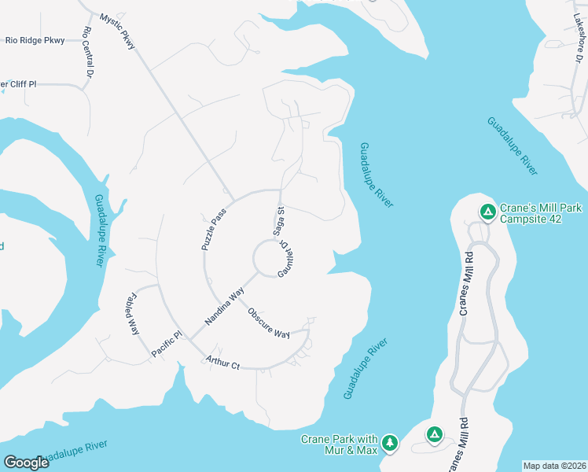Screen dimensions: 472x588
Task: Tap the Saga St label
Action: pyautogui.click(x=278, y=221)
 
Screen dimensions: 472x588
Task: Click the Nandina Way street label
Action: pyautogui.click(x=225, y=307)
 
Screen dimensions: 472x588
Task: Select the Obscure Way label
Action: pyautogui.click(x=269, y=323)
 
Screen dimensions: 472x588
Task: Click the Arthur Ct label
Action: pyautogui.click(x=222, y=363)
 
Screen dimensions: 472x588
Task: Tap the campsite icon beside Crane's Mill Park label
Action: pyautogui.click(x=487, y=211)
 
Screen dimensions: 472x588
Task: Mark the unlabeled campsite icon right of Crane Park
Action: pyautogui.click(x=433, y=433)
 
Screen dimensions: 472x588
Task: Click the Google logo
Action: pyautogui.click(x=26, y=463)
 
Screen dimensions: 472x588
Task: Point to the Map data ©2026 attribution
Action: pyautogui.click(x=555, y=466)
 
